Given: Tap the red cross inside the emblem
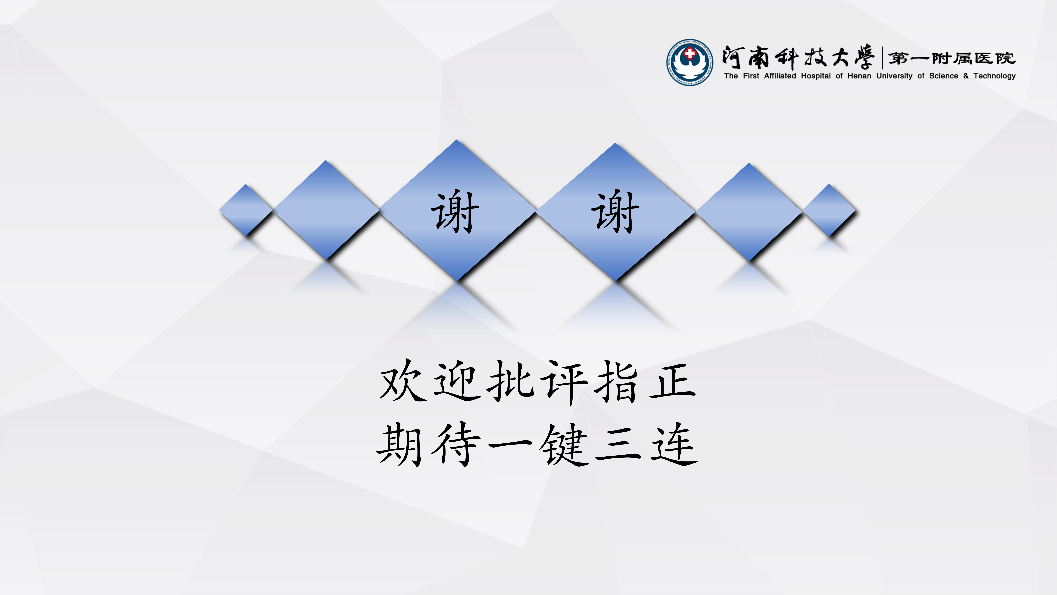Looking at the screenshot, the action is (x=690, y=53).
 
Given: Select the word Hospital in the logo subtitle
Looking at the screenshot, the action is (x=816, y=76).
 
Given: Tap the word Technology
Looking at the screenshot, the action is (x=995, y=76).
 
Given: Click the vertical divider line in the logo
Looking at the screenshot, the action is (x=882, y=58).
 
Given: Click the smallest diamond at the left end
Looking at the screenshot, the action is (x=245, y=210).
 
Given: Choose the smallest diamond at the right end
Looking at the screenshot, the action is (x=829, y=210).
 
